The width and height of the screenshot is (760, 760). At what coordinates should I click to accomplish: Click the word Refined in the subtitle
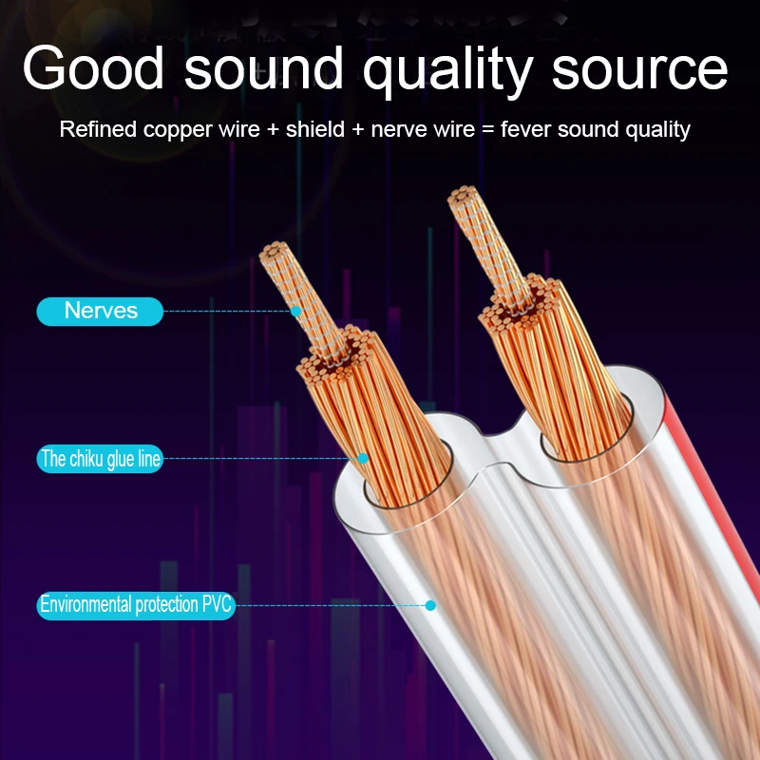pos(99,129)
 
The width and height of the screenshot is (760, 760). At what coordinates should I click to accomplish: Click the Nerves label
pos(101,311)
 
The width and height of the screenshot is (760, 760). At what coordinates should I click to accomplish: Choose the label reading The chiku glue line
pos(101,460)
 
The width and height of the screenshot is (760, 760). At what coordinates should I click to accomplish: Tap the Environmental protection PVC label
pos(136,604)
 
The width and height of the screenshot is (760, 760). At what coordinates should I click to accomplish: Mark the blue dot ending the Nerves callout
pos(295,311)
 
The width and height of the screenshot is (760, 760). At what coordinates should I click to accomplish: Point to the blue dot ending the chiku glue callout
pos(363,459)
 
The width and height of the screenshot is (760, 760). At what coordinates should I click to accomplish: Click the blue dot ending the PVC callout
pos(430,604)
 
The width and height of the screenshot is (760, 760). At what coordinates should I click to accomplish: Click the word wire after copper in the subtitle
pos(237,129)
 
